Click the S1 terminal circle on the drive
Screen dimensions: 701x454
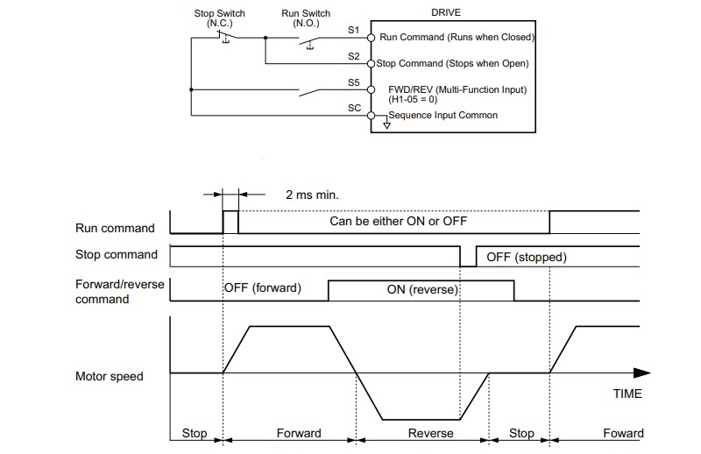click(371, 38)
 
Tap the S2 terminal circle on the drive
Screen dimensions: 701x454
click(371, 64)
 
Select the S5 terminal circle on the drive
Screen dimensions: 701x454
click(371, 90)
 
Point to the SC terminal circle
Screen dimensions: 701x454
click(371, 116)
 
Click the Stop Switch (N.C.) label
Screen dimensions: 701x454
click(220, 18)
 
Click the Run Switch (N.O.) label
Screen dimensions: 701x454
click(306, 18)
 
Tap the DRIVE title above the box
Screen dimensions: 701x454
click(446, 12)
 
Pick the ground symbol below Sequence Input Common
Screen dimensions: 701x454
click(386, 125)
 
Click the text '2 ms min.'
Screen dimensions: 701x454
click(312, 195)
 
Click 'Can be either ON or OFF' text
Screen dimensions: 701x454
click(399, 221)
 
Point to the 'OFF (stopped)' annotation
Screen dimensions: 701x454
click(527, 257)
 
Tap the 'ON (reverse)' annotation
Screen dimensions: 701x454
click(422, 289)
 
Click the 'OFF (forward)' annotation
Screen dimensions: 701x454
click(262, 287)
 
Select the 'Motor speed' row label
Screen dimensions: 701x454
click(109, 376)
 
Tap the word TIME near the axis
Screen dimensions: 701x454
click(627, 394)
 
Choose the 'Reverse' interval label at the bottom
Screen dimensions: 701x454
click(430, 433)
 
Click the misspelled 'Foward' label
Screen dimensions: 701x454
click(623, 433)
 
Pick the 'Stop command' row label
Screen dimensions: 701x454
click(117, 254)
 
